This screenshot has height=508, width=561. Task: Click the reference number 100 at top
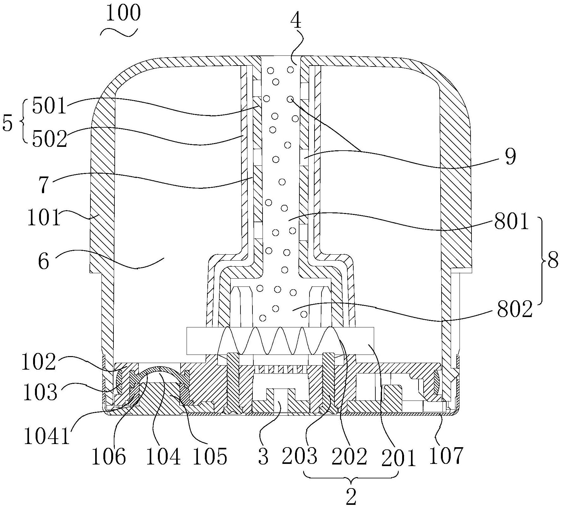[123, 14]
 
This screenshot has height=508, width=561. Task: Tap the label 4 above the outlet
[296, 21]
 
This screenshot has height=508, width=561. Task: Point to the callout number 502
[49, 139]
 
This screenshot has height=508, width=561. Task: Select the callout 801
[511, 222]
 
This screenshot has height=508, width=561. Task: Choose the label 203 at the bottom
[299, 455]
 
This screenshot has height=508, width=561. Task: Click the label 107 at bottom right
[446, 455]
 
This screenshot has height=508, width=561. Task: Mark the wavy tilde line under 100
[119, 32]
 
